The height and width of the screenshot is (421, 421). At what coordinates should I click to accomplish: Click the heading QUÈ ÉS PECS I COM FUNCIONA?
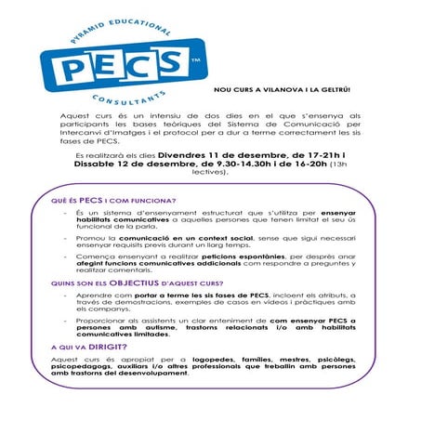[x=112, y=200]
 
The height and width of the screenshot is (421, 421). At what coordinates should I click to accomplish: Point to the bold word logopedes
[x=209, y=358]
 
